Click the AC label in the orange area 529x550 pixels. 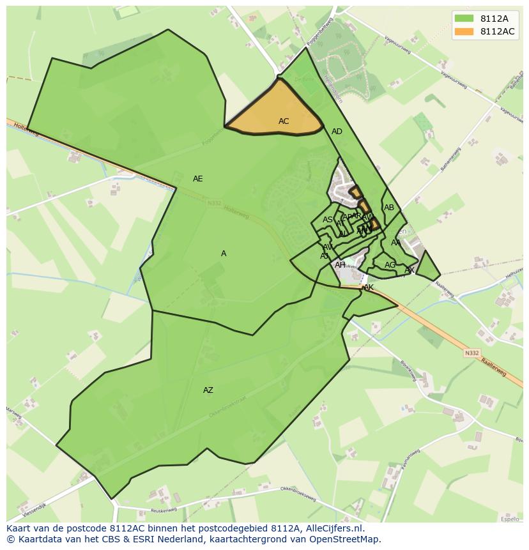(x=284, y=121)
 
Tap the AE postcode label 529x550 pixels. (x=198, y=179)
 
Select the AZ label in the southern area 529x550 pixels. (x=208, y=390)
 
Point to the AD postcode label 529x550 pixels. (x=337, y=132)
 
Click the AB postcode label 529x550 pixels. (x=389, y=208)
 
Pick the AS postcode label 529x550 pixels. (x=328, y=220)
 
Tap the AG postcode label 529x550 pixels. (x=390, y=265)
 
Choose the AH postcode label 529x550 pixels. (x=340, y=265)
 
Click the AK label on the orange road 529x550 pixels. (x=369, y=288)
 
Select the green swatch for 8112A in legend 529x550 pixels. (x=464, y=19)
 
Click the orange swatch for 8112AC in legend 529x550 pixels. (x=464, y=32)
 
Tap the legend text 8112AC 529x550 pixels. (x=498, y=32)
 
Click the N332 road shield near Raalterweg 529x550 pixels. (x=472, y=353)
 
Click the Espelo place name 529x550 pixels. (x=510, y=519)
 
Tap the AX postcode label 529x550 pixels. (x=410, y=270)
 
